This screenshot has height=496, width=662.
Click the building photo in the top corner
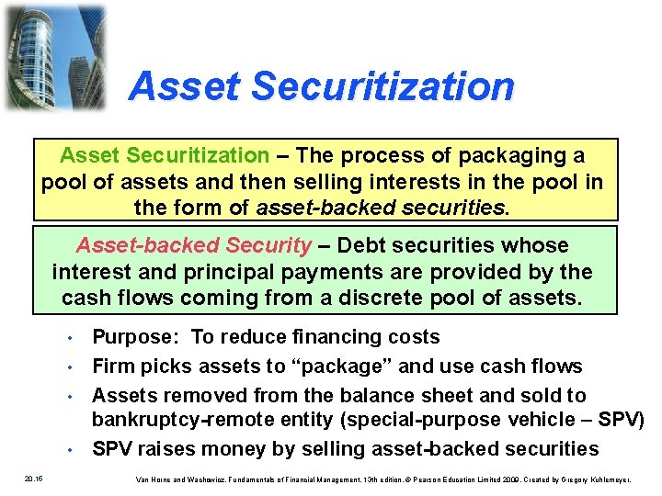click(53, 57)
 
